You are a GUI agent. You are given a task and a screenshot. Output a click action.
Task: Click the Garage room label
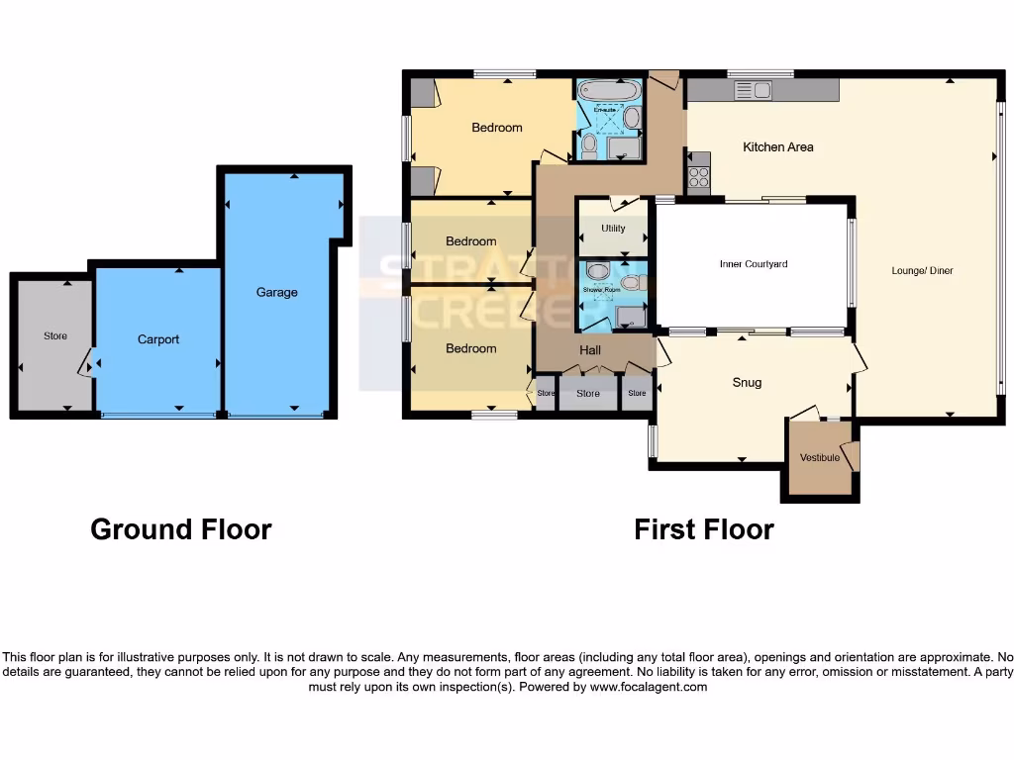(x=276, y=292)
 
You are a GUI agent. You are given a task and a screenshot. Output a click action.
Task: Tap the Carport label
(x=158, y=339)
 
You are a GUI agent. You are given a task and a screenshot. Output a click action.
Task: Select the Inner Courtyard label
(x=753, y=264)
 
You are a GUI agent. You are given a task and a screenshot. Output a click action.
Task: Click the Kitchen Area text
(x=778, y=147)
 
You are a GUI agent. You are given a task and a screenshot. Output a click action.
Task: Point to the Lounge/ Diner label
(x=921, y=270)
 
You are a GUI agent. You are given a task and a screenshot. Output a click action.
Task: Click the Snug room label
(x=747, y=383)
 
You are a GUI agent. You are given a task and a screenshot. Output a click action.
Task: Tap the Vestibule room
(x=820, y=457)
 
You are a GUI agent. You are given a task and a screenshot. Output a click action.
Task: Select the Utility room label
(x=613, y=229)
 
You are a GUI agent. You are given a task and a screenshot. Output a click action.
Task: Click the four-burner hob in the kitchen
(x=698, y=178)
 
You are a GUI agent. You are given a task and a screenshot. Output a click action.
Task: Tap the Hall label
(x=590, y=350)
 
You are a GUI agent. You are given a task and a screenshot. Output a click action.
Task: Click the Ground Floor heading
(x=180, y=529)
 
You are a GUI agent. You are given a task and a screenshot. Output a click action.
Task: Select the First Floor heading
(x=703, y=529)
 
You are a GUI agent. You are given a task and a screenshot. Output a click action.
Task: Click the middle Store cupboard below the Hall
(x=588, y=394)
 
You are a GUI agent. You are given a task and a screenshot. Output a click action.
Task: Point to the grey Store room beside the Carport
(x=55, y=336)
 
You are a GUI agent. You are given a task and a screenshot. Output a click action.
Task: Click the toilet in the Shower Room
(x=597, y=272)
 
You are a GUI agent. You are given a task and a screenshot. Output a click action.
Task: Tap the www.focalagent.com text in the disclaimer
(x=648, y=687)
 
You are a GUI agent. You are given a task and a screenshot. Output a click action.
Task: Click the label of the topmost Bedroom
(x=496, y=128)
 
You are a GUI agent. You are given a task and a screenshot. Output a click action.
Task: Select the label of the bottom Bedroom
(x=470, y=348)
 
